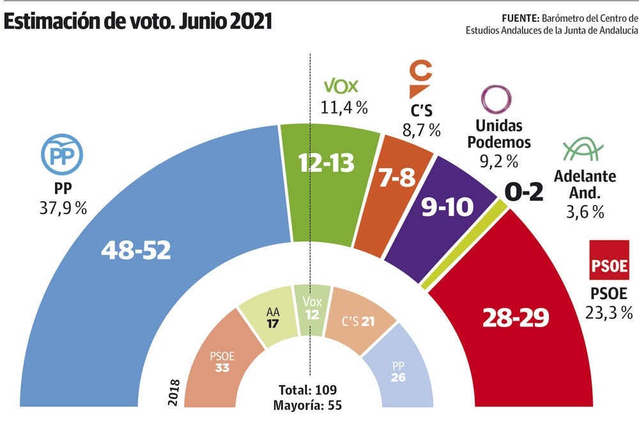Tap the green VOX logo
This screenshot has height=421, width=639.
(x=342, y=86)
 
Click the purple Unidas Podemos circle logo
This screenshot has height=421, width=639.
(x=496, y=100)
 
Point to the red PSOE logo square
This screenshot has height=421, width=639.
(x=608, y=260)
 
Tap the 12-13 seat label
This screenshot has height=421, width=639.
(x=327, y=164)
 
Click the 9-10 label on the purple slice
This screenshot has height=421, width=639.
(x=448, y=207)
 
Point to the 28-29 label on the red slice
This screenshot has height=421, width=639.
(x=515, y=316)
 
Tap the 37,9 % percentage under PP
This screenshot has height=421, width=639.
(x=62, y=208)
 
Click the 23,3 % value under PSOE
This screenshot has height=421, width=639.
(x=608, y=312)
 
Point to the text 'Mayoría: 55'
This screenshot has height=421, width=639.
(x=307, y=405)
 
